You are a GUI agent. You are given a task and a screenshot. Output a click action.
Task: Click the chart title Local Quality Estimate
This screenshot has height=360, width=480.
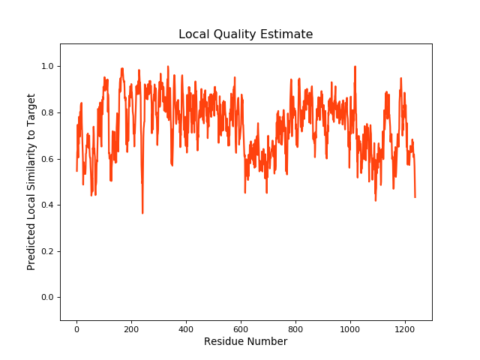pos(245,34)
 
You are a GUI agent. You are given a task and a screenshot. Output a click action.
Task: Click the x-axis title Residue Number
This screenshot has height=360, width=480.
pos(245,342)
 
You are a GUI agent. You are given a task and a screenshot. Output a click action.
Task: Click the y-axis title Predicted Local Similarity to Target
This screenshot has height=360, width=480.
pos(31,182)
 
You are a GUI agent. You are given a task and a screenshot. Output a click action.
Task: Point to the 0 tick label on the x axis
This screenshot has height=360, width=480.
pos(76,328)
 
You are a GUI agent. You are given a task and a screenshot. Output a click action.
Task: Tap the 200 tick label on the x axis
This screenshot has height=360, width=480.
pos(131,328)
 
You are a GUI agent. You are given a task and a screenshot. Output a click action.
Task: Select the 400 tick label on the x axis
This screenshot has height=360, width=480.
pos(186,328)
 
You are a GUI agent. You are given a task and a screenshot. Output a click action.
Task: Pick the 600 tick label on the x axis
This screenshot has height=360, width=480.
pos(241,328)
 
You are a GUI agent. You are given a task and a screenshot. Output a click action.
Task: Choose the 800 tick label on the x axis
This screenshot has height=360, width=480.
pos(295,328)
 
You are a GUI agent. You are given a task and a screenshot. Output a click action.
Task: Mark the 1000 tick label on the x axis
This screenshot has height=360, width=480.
pos(349,328)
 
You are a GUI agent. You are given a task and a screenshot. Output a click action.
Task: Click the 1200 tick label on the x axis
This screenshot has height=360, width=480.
pos(404,328)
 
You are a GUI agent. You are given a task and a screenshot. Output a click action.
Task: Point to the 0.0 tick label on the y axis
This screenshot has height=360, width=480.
pos(48,298)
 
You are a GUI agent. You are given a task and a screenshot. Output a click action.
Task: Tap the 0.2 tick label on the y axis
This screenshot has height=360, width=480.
pos(48,251)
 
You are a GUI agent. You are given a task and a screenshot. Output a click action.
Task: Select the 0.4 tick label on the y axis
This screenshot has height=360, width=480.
pos(48,205)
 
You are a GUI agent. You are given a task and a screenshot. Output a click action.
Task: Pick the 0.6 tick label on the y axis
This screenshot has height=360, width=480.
pos(48,159)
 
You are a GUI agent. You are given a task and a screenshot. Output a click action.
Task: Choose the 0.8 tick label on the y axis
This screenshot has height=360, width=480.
pos(48,113)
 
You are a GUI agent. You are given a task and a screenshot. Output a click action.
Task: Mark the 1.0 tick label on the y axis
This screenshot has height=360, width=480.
pos(48,67)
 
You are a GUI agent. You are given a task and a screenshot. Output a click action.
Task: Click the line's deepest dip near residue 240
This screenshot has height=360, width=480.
pos(142,213)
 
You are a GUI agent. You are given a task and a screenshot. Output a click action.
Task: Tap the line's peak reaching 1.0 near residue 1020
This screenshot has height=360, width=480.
pos(355,67)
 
